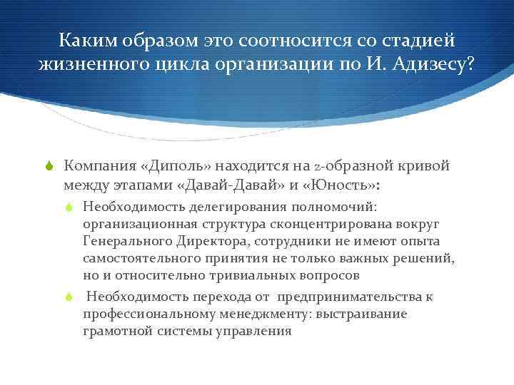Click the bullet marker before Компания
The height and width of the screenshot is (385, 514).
[x=49, y=167]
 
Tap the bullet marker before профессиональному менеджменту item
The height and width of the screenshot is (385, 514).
[x=69, y=297]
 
